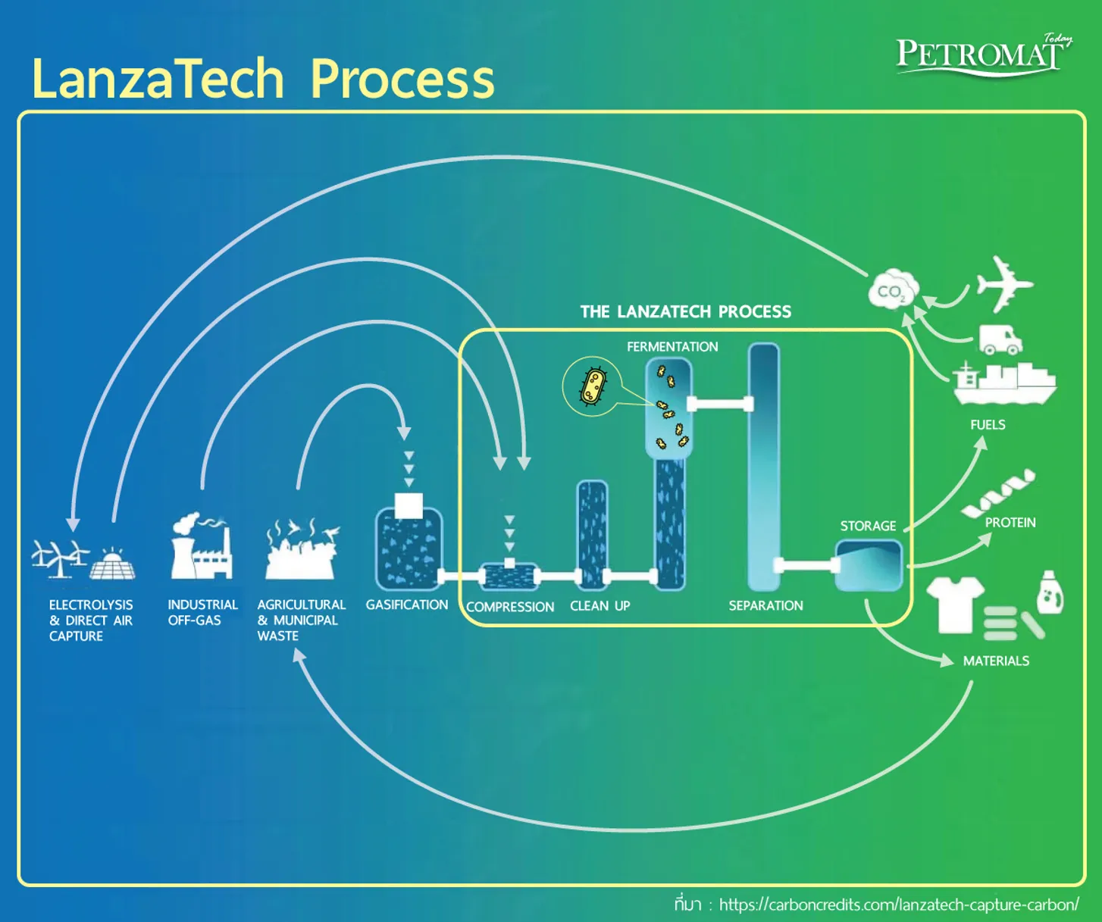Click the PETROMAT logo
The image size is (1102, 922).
click(984, 56)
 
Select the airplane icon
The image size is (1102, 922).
click(1004, 284)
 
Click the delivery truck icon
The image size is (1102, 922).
click(1000, 339)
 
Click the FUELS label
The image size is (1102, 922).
click(988, 424)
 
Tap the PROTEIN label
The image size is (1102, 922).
click(1010, 522)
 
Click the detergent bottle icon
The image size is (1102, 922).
click(1050, 592)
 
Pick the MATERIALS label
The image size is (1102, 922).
click(996, 661)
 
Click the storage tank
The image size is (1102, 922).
click(869, 565)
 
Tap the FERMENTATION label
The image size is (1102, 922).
click(672, 346)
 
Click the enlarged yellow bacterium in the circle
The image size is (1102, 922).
click(593, 386)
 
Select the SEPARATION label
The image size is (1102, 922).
click(765, 605)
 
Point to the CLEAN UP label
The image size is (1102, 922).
click(600, 606)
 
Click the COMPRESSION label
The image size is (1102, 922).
click(510, 607)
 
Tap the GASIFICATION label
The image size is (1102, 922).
click(407, 605)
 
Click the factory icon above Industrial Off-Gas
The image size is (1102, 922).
click(202, 545)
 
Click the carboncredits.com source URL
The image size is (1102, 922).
click(899, 905)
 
